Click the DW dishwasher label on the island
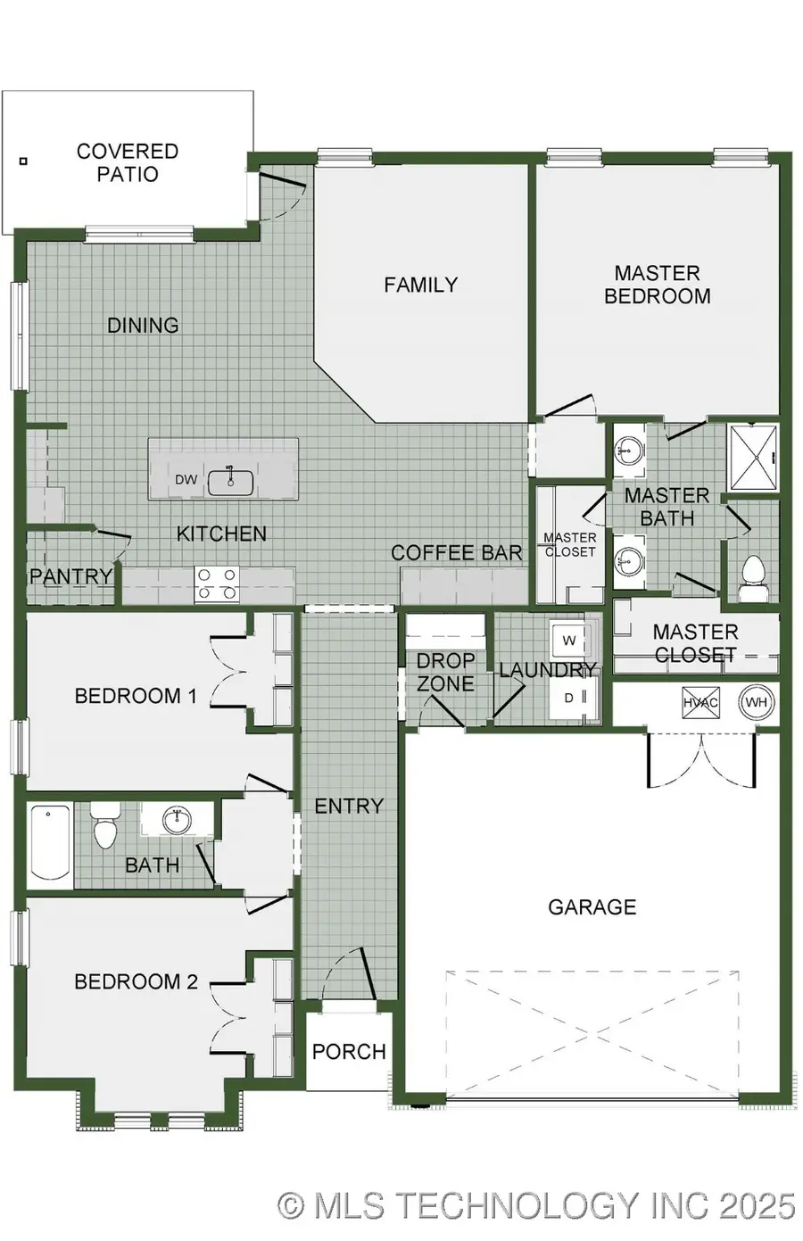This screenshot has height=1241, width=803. click(186, 480)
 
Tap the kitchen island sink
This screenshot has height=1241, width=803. click(230, 482)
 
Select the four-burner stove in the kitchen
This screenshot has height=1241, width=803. click(217, 584)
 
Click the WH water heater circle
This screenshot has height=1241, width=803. click(756, 702)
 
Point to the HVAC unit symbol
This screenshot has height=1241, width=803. click(700, 702)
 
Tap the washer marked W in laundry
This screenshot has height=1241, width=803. click(568, 641)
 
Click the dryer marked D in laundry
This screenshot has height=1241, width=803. click(569, 698)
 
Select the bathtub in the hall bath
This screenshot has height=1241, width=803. click(50, 843)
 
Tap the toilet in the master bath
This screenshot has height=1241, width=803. click(754, 572)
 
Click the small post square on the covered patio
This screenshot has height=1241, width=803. click(23, 161)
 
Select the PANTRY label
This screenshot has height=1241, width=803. click(70, 576)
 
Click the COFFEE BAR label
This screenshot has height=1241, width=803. click(456, 553)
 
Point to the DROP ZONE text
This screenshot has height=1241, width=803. click(445, 672)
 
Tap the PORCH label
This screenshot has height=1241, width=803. click(349, 1052)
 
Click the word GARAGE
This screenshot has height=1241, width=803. click(592, 907)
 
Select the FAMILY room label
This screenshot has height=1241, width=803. click(420, 285)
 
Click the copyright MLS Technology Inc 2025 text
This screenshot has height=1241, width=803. click(535, 1206)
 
